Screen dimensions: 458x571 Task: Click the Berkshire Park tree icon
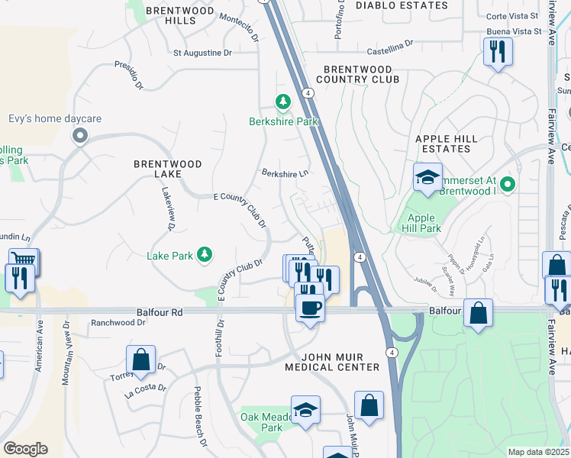pyautogui.click(x=283, y=102)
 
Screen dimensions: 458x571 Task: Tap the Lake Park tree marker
pyautogui.click(x=204, y=254)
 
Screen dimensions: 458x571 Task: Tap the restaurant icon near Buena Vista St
pyautogui.click(x=498, y=52)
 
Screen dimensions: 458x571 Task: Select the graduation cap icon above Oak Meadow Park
pyautogui.click(x=305, y=409)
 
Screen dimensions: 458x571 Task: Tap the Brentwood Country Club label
pyautogui.click(x=357, y=74)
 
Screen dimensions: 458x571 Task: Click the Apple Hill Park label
pyautogui.click(x=420, y=223)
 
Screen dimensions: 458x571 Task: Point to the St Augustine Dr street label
pyautogui.click(x=202, y=53)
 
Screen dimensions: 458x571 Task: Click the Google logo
pyautogui.click(x=25, y=448)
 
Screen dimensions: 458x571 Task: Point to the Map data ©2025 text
pyautogui.click(x=538, y=452)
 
